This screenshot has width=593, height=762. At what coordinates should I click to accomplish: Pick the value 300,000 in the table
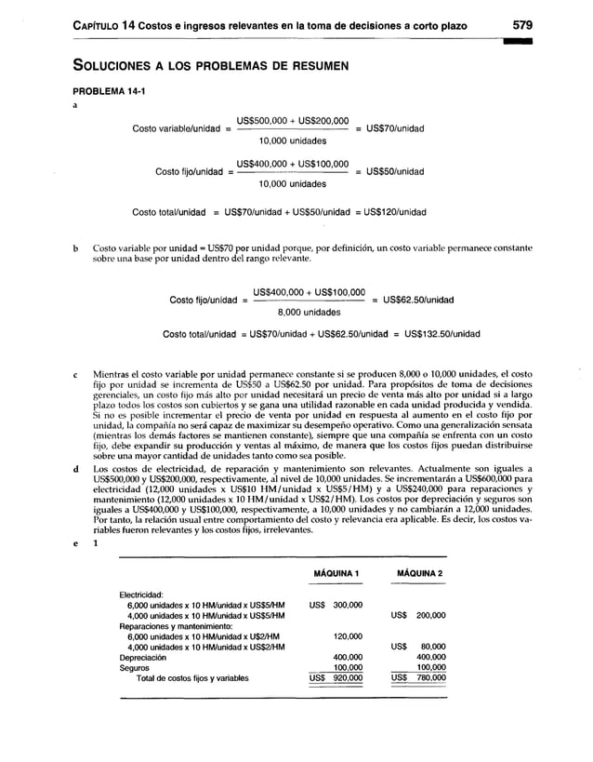click(x=348, y=605)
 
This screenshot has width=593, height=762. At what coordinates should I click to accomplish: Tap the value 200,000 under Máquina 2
click(x=431, y=616)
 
